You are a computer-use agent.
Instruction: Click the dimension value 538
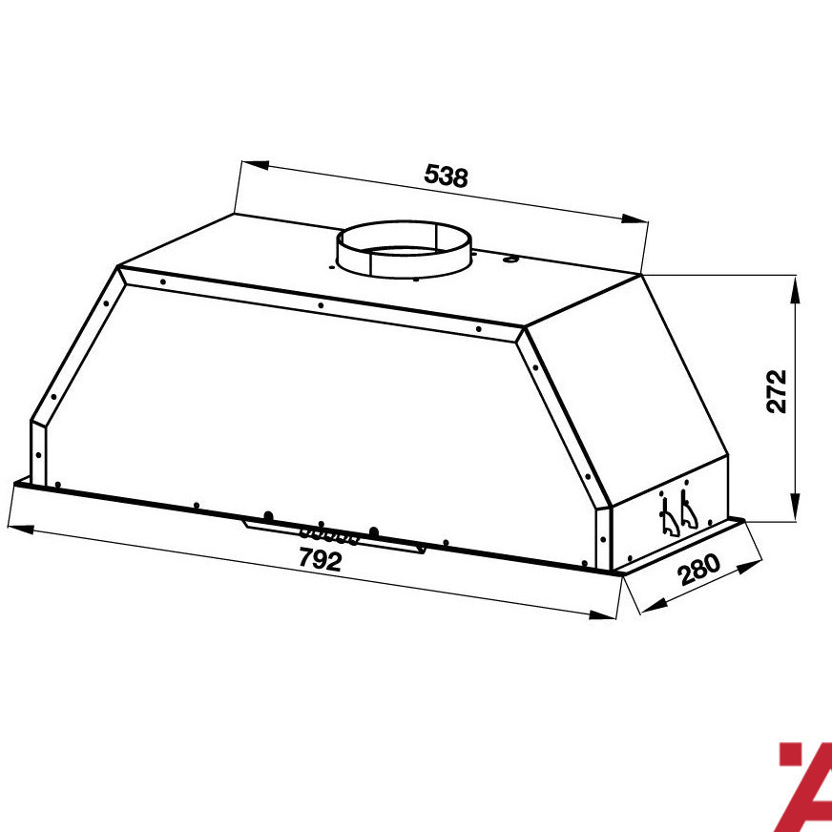446,177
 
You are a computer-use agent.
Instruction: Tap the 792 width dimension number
320,560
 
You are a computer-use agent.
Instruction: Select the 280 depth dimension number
698,570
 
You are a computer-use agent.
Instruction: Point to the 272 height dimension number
777,390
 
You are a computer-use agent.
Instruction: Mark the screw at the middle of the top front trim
321,305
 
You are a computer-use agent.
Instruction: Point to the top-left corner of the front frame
120,270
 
